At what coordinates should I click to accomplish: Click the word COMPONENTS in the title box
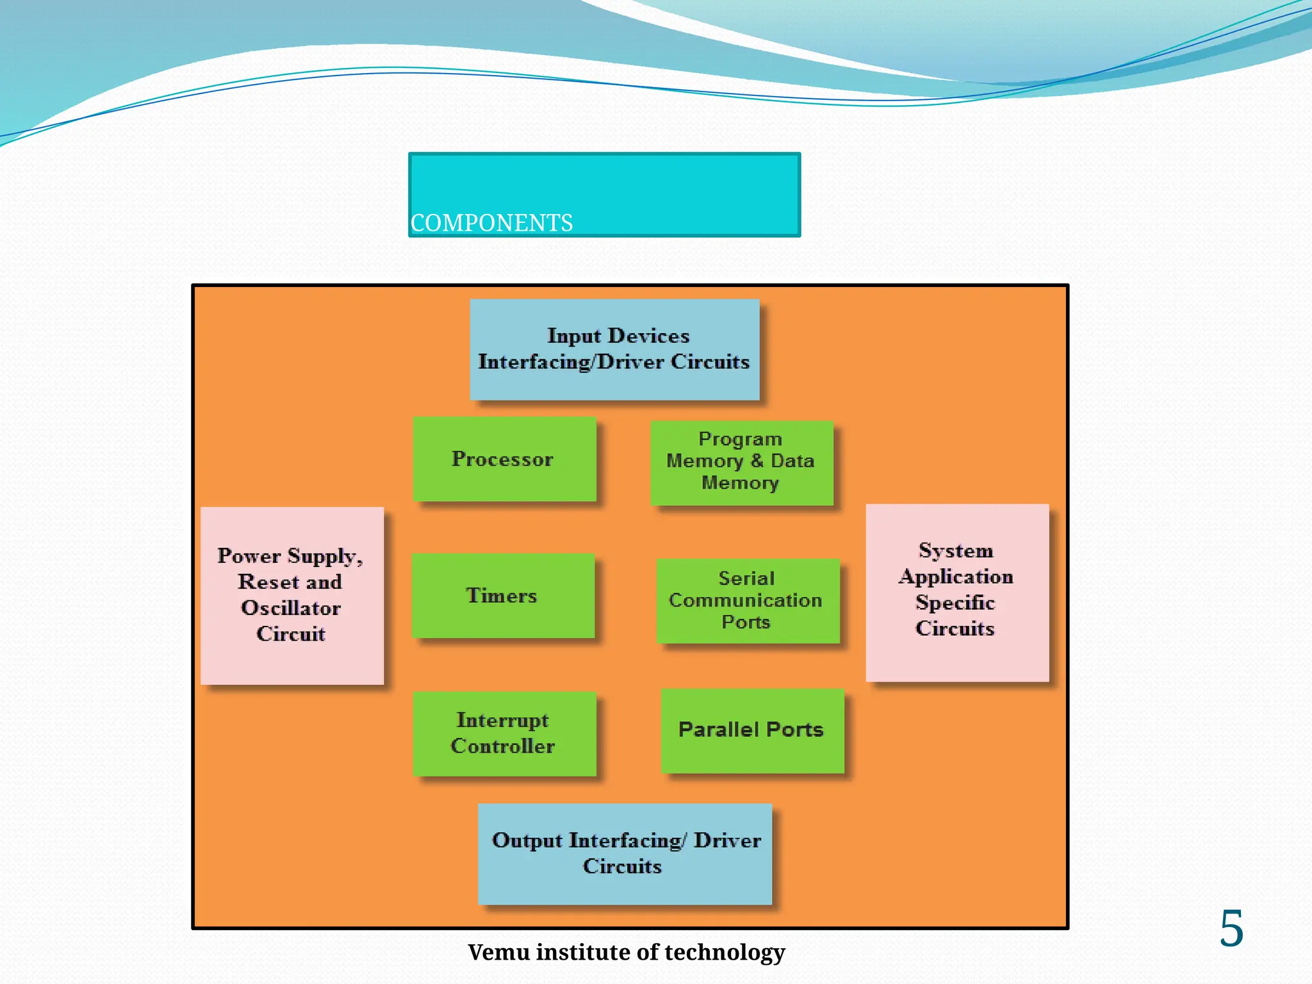491,223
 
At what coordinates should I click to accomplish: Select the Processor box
504,459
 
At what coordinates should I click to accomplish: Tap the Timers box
503,595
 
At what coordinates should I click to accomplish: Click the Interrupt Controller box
504,733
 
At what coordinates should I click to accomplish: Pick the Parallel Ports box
751,730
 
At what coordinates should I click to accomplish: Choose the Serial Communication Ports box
747,600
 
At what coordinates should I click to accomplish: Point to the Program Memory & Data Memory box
741,462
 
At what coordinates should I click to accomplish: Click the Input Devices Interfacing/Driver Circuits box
614,349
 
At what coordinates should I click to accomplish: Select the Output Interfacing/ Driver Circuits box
625,853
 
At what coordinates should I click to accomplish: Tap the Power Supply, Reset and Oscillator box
292,595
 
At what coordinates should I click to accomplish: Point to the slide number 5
1231,928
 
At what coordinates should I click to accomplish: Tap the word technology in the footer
725,953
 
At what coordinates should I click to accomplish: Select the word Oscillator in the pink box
291,608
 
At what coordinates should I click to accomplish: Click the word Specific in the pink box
955,603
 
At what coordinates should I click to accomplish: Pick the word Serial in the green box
746,578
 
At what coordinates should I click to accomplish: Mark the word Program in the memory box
740,439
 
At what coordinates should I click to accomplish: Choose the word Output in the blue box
527,840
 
